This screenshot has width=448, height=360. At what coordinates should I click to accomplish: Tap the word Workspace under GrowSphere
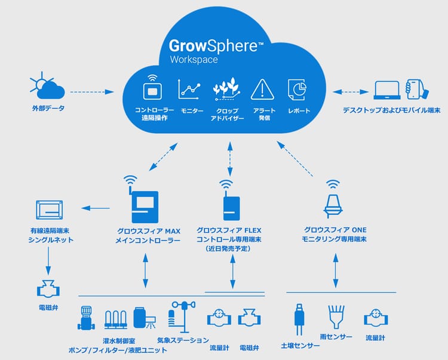point(194,60)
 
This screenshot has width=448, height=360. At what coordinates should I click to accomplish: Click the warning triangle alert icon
point(262,90)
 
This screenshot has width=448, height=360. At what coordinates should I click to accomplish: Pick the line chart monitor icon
point(190,90)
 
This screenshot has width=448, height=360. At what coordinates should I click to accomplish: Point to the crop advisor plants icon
point(227,90)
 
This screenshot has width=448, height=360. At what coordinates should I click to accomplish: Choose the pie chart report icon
point(297,90)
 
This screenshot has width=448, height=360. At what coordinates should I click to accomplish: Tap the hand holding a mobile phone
point(417,89)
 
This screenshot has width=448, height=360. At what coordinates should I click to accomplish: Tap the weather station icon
point(181,315)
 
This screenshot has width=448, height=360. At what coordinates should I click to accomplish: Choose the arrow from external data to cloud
point(92,92)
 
